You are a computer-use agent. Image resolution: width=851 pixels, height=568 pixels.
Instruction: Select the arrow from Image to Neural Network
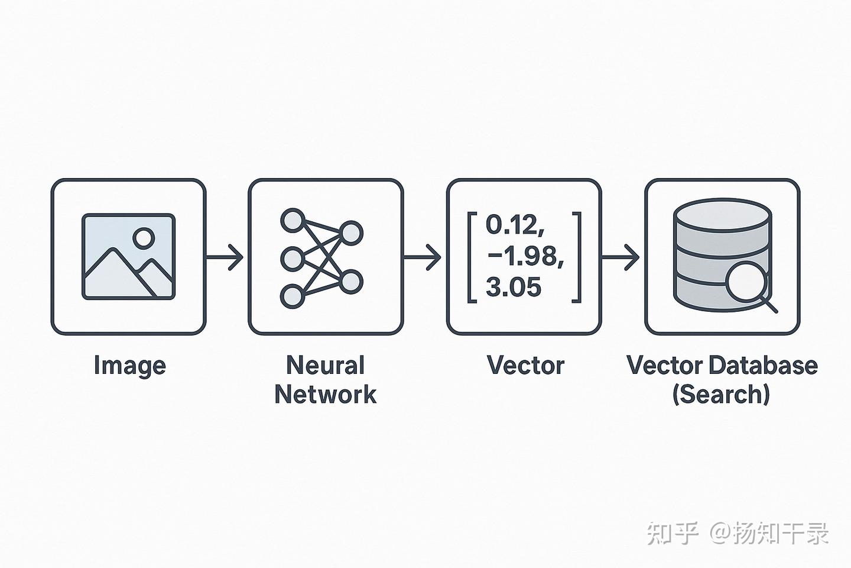[x=224, y=257]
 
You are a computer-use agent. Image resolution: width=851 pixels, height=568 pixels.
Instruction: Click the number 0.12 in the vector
[x=515, y=224]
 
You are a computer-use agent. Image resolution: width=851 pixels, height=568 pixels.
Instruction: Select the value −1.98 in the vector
[x=525, y=256]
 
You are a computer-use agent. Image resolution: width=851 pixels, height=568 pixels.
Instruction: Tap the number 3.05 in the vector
[x=513, y=287]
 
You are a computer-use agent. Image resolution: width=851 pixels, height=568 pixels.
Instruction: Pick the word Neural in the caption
[x=325, y=365]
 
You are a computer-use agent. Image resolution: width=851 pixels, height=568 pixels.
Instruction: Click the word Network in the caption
[x=325, y=395]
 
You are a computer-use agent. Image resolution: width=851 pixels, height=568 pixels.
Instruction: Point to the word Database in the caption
[x=764, y=365]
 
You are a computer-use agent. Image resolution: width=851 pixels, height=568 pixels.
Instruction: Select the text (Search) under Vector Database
[x=721, y=395]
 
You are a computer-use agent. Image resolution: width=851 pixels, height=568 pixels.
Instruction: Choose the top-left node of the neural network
[x=293, y=220]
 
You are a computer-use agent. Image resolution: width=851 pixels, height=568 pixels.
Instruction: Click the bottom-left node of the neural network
[x=293, y=296]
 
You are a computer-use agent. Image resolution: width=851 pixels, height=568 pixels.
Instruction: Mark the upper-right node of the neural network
[x=350, y=233]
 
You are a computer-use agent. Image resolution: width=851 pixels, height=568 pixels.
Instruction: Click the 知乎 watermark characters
[x=673, y=533]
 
